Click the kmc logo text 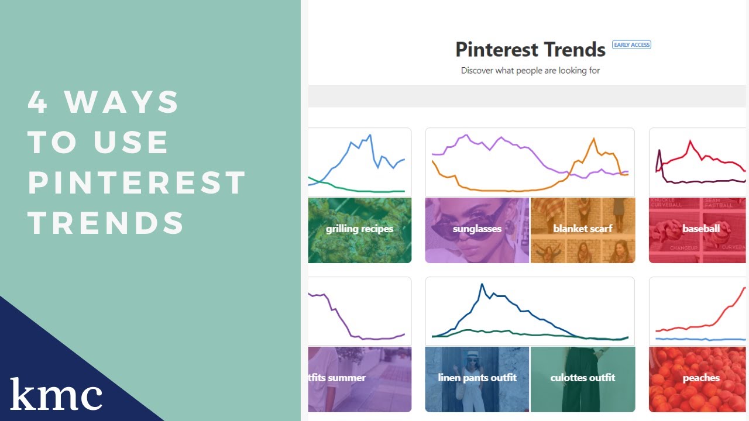click(56, 395)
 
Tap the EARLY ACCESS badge click(631, 44)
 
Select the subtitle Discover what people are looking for click(530, 71)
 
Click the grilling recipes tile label click(359, 229)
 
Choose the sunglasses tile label click(477, 229)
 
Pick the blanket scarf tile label click(583, 229)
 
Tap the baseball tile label click(701, 229)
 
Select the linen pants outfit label click(477, 378)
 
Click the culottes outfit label click(583, 378)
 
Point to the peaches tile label click(701, 378)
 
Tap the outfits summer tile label click(338, 378)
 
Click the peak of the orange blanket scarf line click(594, 139)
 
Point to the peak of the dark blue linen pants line click(482, 284)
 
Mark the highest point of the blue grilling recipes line click(370, 135)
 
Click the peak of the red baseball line click(690, 141)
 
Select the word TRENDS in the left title click(106, 223)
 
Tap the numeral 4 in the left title click(37, 102)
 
